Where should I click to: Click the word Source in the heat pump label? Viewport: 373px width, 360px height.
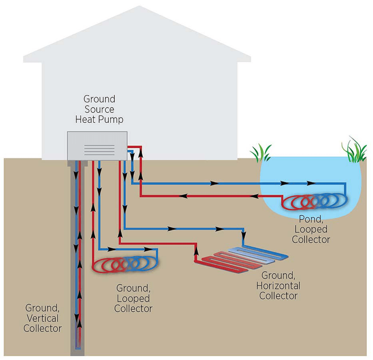99,109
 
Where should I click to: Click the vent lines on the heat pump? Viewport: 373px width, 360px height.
99,150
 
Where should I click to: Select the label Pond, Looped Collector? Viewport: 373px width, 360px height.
311,230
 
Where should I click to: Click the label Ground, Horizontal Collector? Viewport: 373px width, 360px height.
280,285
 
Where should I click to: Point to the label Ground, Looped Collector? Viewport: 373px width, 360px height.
133,298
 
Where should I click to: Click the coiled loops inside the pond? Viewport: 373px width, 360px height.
315,202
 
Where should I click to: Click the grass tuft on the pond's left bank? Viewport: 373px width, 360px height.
261,153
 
